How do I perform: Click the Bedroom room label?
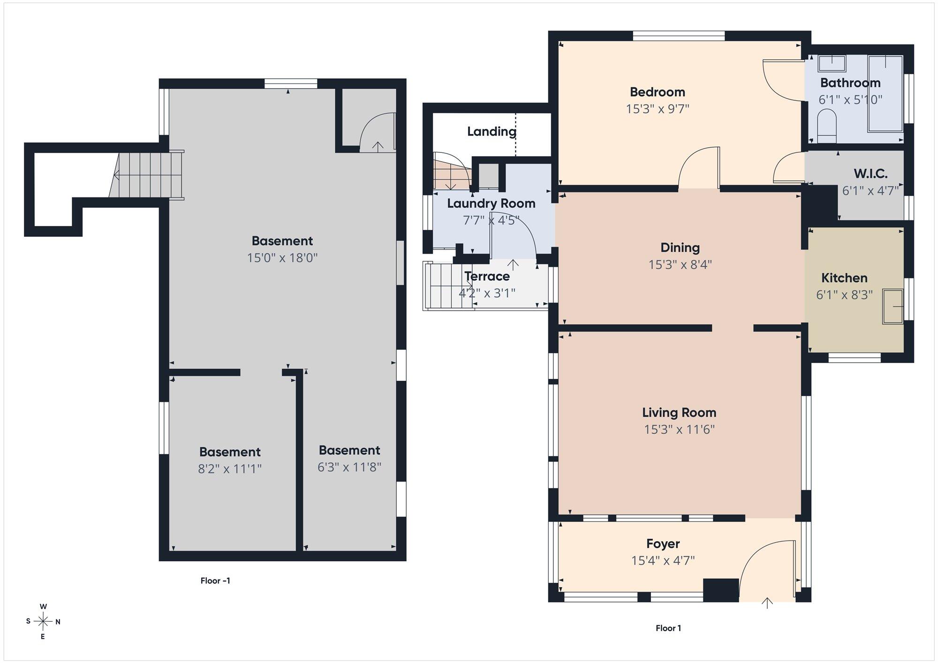coord(657,92)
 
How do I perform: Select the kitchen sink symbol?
coord(893,307)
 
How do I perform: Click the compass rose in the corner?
coord(43,622)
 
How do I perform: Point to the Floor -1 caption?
coord(215,580)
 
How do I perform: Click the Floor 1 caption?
coord(668,628)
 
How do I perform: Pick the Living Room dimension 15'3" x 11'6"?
coord(679,429)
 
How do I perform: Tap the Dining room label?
coord(680,248)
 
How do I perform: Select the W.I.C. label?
coord(870,174)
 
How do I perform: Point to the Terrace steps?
coord(448,286)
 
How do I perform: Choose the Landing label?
coord(492,131)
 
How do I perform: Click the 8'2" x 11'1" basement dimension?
coord(230,469)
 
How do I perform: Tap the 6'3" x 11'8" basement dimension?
coord(349,467)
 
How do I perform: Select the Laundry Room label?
coord(491,203)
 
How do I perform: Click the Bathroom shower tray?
coord(885,94)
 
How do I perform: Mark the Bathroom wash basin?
coord(832,63)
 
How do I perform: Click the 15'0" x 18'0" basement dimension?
coord(282,258)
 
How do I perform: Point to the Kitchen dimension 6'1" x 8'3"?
coord(844,295)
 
